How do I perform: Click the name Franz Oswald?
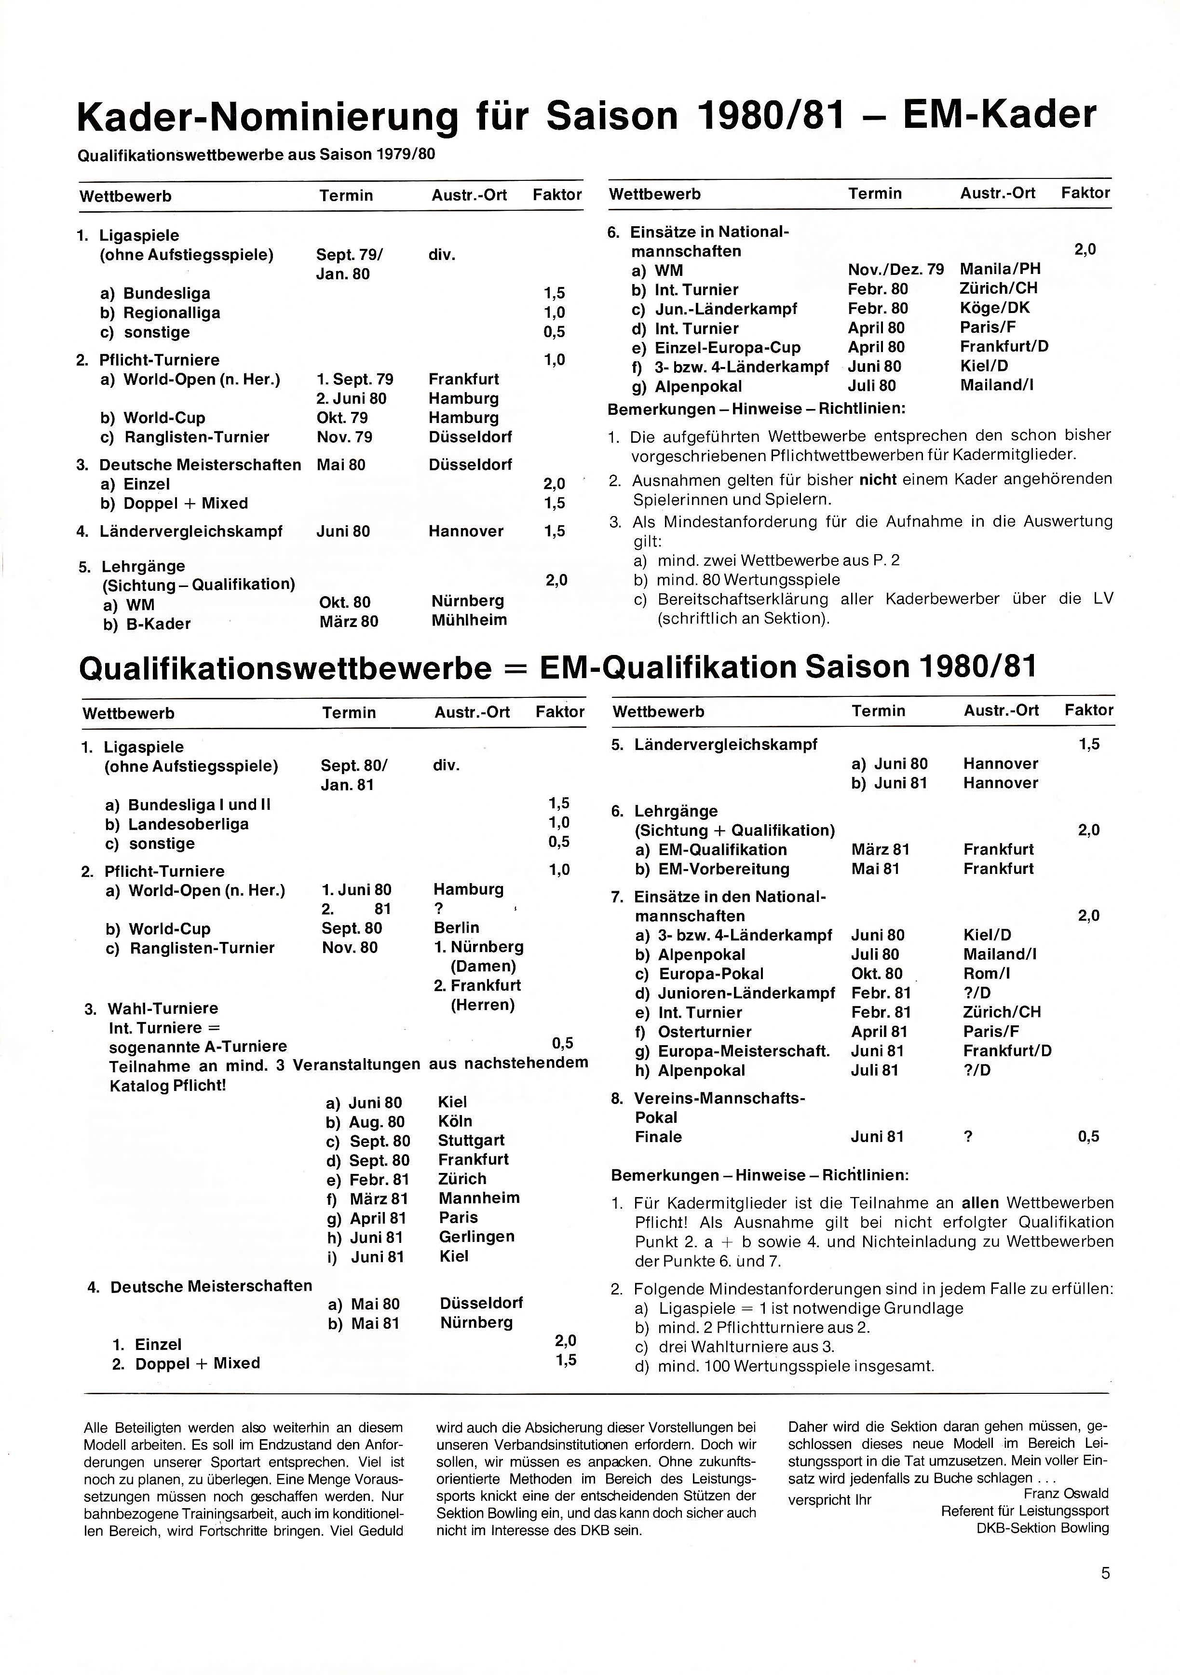point(1066,1493)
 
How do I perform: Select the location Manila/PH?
point(1000,269)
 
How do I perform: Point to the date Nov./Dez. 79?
point(895,269)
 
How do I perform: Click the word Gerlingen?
point(476,1237)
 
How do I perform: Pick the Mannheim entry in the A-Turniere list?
point(479,1198)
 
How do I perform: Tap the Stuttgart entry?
point(471,1140)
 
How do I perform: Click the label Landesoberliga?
point(188,824)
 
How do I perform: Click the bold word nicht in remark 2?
point(878,480)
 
